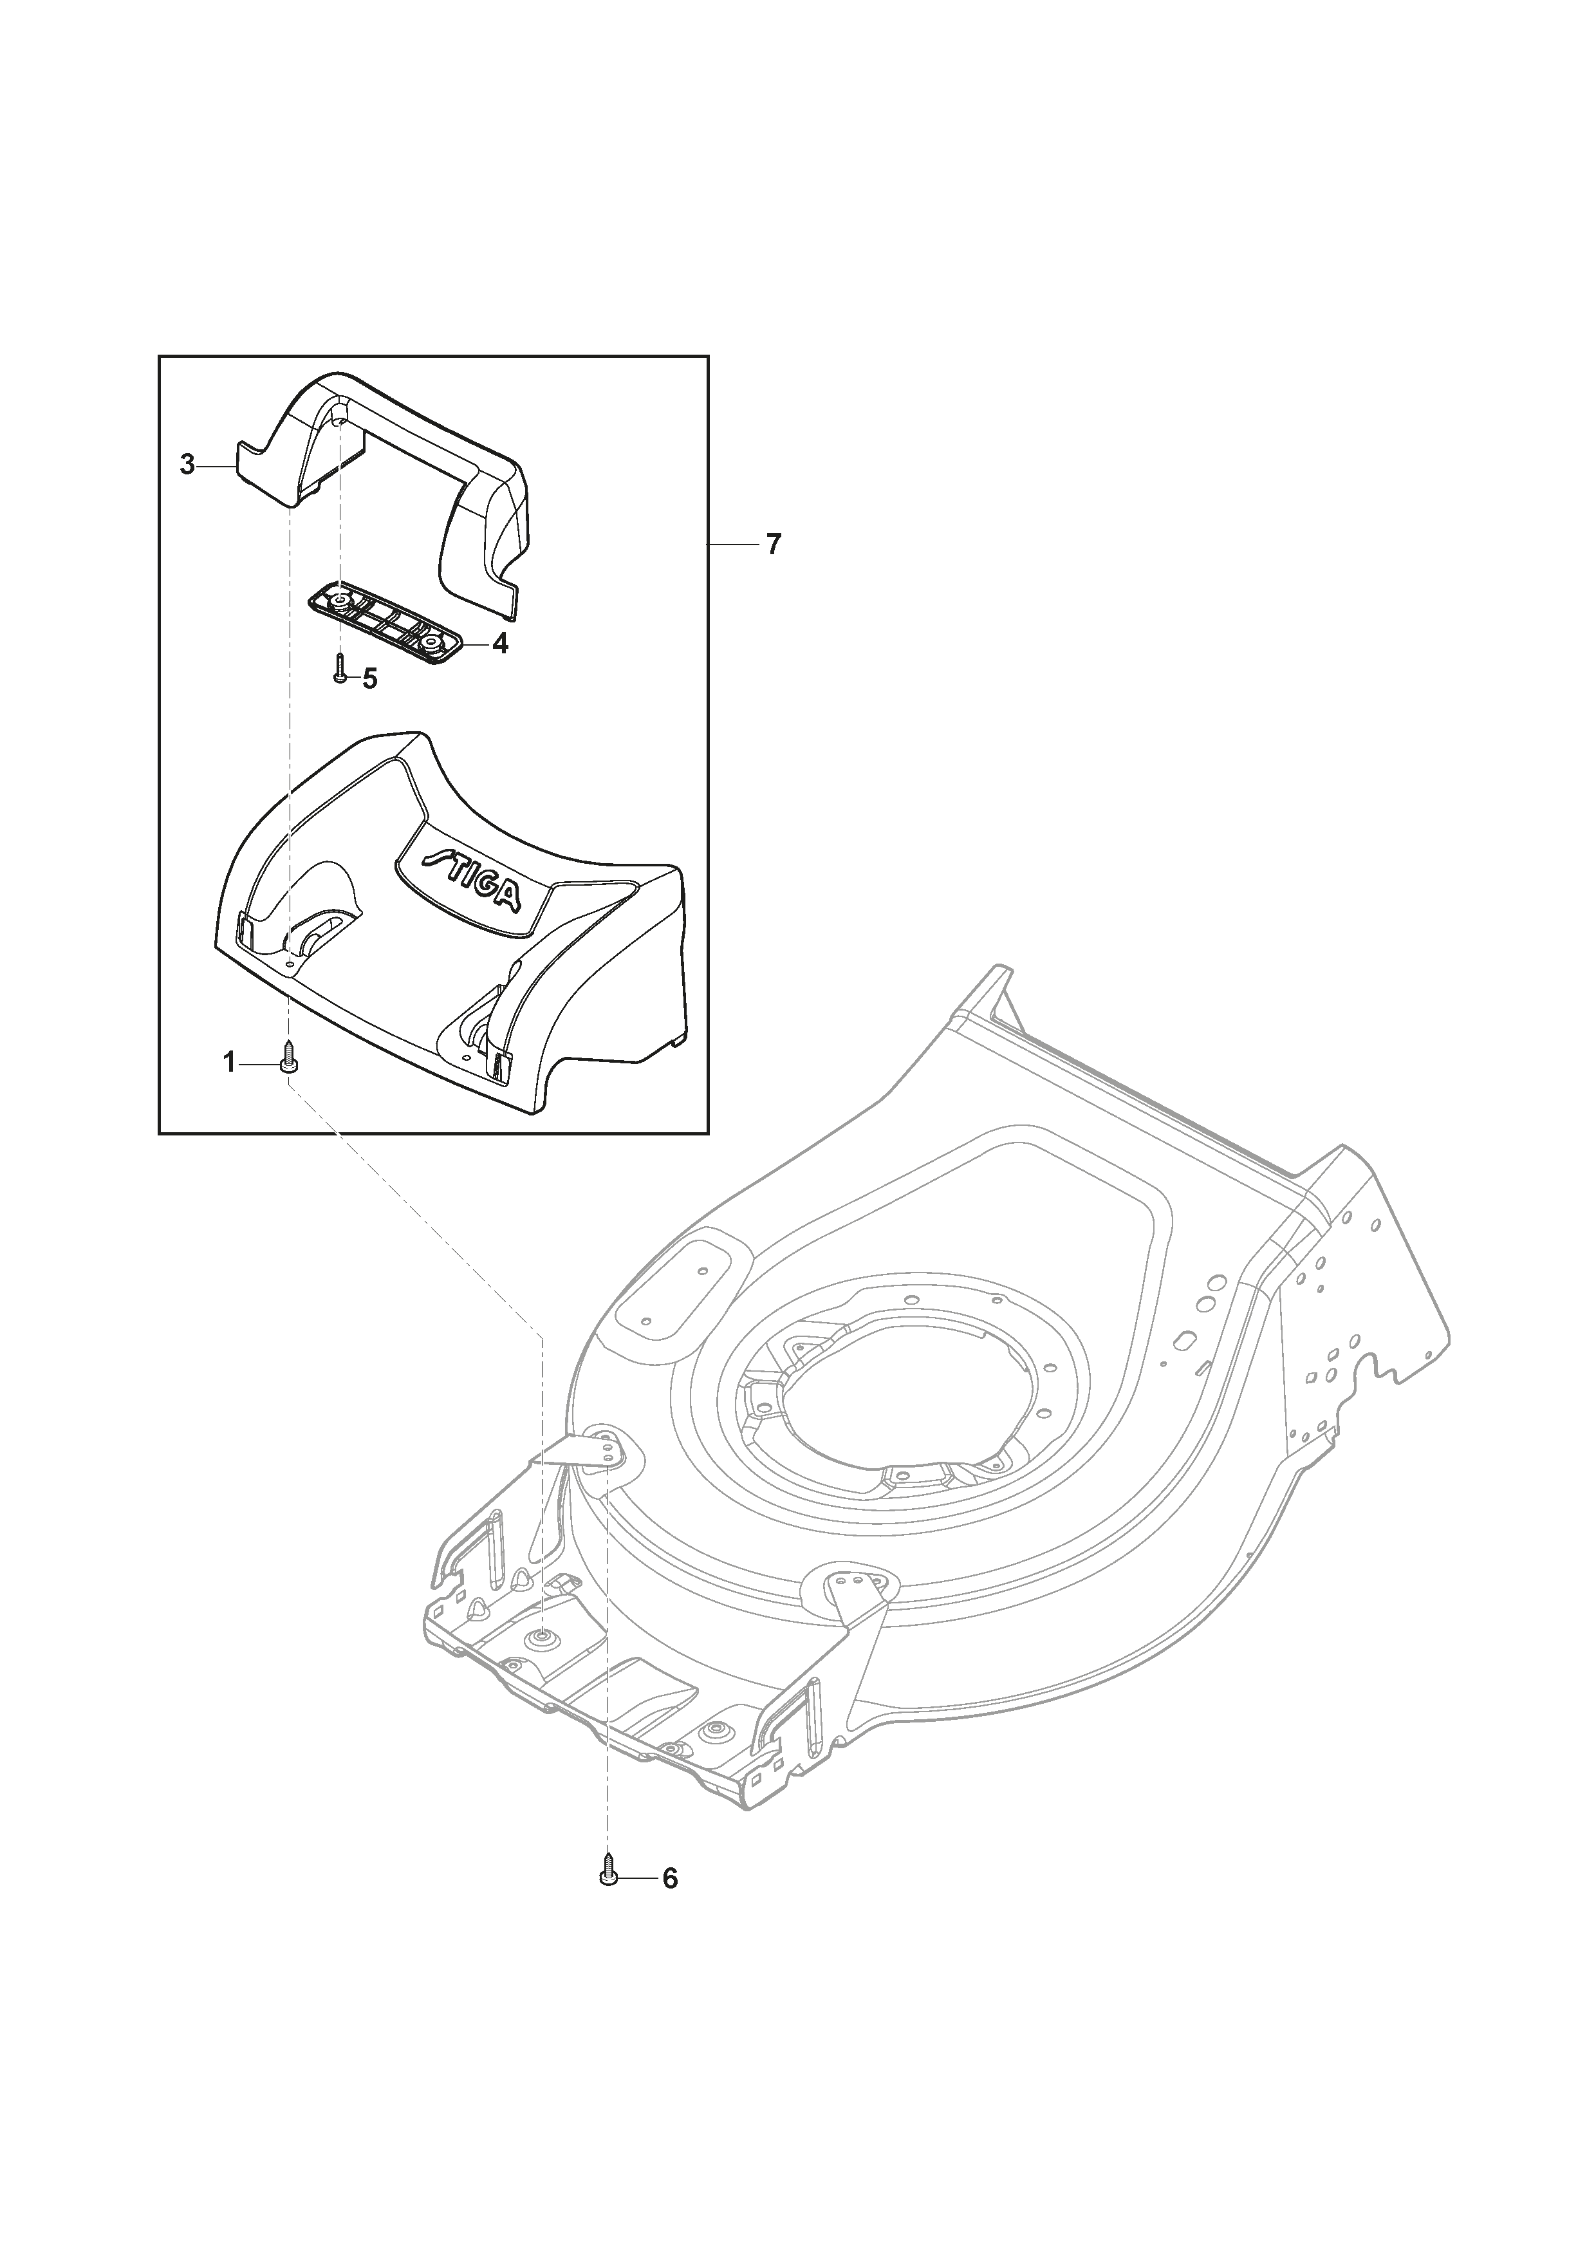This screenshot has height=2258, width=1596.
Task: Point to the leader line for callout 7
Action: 732,544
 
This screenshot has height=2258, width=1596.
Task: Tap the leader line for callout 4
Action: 471,644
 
